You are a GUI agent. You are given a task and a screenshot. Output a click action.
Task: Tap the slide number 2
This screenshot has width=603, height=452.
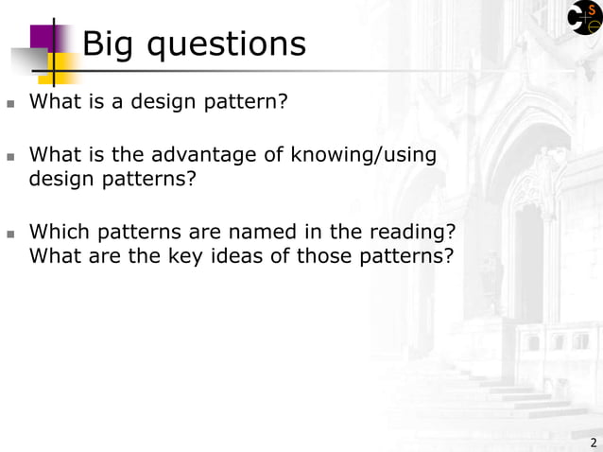pyautogui.click(x=593, y=443)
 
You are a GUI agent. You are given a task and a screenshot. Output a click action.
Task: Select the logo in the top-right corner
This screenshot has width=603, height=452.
pyautogui.click(x=584, y=18)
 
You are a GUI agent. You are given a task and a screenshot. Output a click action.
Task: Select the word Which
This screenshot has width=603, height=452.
pyautogui.click(x=56, y=232)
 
